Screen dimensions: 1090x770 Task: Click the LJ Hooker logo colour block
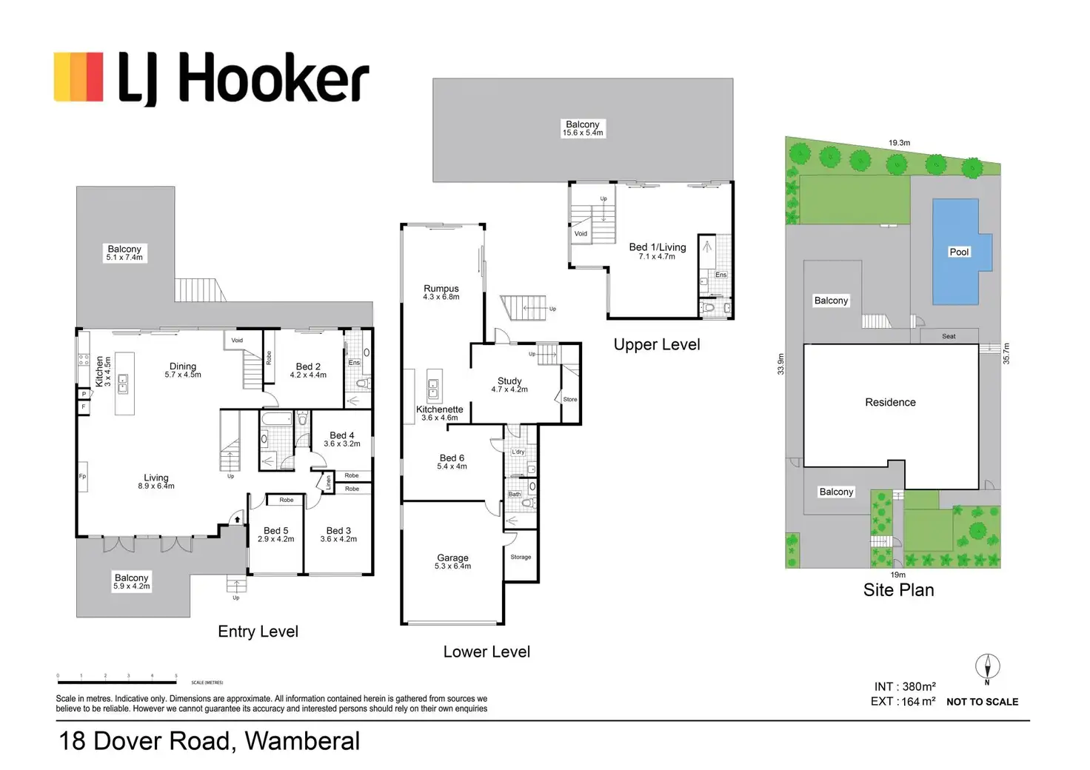78,76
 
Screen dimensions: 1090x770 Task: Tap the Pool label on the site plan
959,252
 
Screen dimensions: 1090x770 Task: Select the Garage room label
452,561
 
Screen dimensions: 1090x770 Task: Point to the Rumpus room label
441,292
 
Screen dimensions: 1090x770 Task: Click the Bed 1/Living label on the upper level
657,251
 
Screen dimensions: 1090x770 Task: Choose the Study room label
509,385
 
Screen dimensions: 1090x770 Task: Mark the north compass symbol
987,667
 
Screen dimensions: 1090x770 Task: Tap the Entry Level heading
258,632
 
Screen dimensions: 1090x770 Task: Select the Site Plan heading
898,590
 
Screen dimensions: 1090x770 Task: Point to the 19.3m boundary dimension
899,143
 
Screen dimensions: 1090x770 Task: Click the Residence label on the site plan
890,402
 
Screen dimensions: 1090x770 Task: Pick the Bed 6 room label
452,462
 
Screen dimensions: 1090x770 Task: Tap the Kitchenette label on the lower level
440,413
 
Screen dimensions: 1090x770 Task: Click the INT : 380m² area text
905,686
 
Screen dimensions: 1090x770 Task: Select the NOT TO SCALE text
982,702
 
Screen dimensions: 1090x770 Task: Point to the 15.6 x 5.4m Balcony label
583,129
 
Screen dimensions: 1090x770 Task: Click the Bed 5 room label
276,535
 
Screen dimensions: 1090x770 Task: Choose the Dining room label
183,370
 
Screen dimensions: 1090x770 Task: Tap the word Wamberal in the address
302,741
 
